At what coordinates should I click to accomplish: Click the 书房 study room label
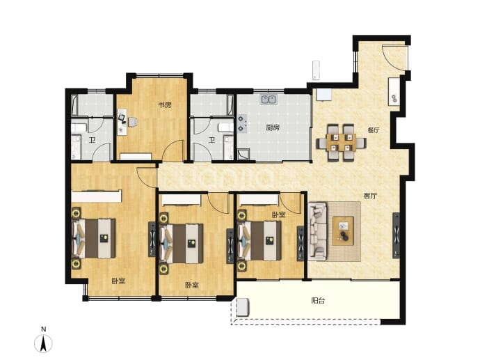pos(164,105)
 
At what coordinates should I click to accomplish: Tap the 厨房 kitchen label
pos(273,127)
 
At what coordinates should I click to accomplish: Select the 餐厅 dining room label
pos(374,130)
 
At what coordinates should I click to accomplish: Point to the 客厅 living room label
pos(370,196)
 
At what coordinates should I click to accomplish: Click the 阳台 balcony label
pos(318,301)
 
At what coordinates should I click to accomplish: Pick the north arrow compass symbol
pos(43,343)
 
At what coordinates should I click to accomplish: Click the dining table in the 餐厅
pos(341,143)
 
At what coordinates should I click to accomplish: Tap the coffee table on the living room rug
pos(343,230)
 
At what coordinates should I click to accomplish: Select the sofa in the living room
pos(317,230)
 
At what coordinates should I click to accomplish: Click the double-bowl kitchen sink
pos(269,100)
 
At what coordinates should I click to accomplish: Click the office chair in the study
pos(132,122)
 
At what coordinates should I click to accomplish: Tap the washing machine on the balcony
pos(243,307)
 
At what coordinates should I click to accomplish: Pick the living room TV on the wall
pos(396,235)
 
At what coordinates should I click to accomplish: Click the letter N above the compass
pos(43,329)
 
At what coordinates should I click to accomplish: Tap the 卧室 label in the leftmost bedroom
pos(118,281)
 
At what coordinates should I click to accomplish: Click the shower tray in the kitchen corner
pos(243,155)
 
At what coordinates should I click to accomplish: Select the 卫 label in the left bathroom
pos(92,141)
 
